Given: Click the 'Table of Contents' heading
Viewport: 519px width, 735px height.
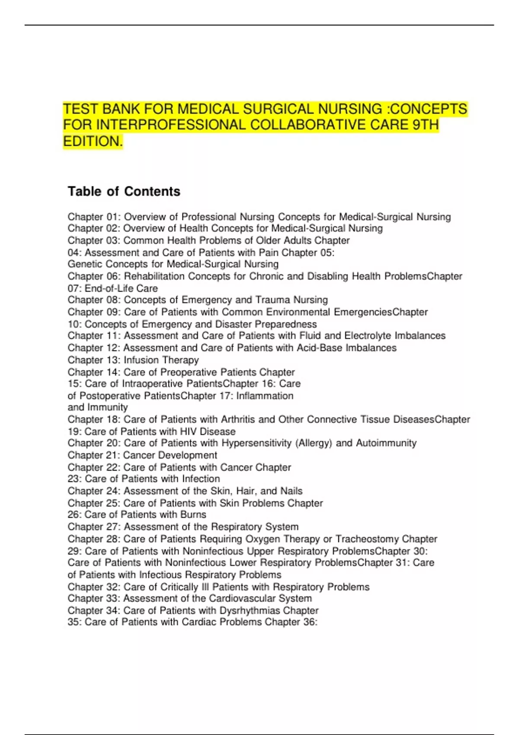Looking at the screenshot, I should [x=124, y=191].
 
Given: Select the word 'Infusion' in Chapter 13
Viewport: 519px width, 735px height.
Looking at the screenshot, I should [x=141, y=360].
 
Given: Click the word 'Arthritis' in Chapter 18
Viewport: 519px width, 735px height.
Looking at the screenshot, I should [x=239, y=419].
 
